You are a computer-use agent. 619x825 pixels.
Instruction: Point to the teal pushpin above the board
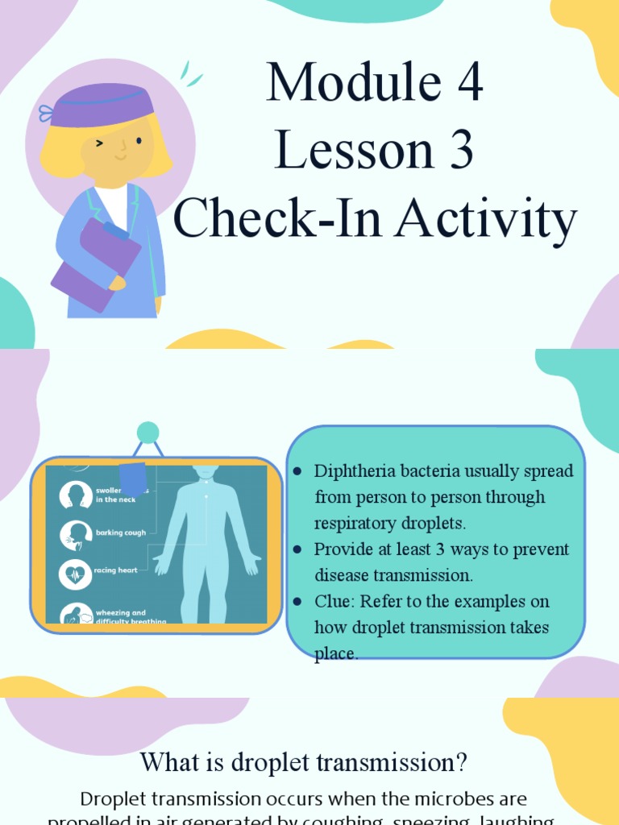tap(147, 433)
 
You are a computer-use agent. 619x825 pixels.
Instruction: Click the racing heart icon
tap(75, 574)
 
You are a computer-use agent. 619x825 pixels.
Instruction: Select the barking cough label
tap(121, 533)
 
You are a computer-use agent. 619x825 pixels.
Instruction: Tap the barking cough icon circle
tap(75, 535)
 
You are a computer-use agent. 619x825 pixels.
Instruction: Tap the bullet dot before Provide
tap(297, 549)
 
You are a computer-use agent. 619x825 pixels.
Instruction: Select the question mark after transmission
tap(462, 762)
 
